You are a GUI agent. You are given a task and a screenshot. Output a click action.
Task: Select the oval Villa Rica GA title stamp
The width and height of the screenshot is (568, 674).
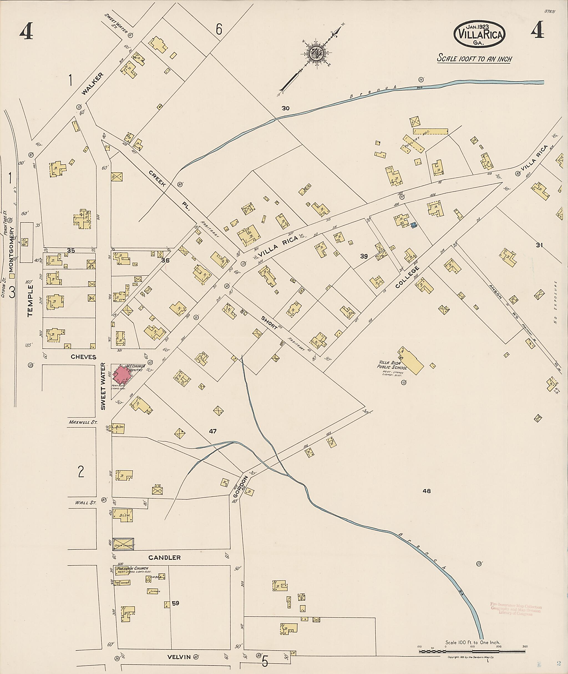479,34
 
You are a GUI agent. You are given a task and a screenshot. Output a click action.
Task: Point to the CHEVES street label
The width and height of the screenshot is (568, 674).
83,357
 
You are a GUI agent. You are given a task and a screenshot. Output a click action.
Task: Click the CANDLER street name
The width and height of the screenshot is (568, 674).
164,557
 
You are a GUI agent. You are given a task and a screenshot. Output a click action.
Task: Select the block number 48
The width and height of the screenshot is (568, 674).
427,491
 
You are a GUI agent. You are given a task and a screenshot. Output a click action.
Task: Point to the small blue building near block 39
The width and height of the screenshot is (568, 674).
414,225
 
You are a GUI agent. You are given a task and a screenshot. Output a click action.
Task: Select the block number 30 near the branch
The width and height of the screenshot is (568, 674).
285,108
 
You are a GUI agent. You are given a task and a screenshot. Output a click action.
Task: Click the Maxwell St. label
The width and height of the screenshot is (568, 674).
78,422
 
